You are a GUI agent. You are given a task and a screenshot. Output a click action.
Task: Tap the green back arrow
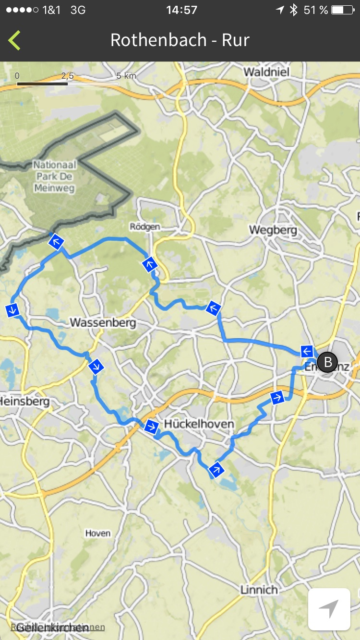click(14, 40)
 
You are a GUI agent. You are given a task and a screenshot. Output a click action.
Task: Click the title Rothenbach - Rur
click(180, 40)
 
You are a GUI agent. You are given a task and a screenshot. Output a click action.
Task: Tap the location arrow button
click(329, 609)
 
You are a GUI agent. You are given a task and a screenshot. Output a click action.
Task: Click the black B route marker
click(328, 362)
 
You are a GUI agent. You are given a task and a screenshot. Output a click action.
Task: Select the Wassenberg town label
click(103, 322)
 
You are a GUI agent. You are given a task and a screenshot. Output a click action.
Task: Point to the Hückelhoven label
click(199, 424)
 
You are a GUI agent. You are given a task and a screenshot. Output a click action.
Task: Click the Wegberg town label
click(273, 230)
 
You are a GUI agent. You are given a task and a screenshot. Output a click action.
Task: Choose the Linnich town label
click(259, 589)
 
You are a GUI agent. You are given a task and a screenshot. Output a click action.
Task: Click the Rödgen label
click(145, 226)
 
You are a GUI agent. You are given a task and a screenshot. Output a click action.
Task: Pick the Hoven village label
click(98, 533)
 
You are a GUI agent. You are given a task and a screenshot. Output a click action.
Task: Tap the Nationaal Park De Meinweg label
click(54, 176)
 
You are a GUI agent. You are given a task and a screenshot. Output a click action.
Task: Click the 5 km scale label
click(126, 76)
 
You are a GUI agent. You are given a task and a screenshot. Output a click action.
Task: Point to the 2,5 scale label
click(67, 76)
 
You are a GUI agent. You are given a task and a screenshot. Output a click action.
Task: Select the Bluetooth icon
click(294, 10)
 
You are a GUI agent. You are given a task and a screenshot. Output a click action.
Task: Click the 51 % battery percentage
click(316, 10)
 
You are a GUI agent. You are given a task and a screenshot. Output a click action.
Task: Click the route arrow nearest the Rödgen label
click(150, 263)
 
